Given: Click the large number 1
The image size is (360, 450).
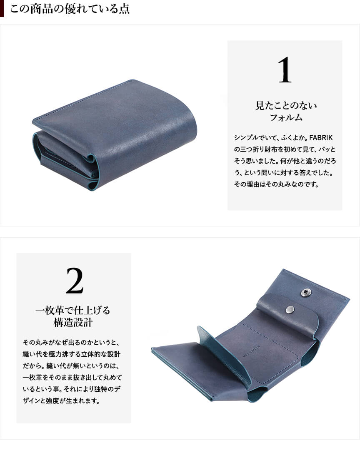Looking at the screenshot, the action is point(285,70).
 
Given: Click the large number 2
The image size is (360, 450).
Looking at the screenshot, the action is point(75,281).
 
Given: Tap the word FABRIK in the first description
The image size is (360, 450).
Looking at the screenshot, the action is point(321,138).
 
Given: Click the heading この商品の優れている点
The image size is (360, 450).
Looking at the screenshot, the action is point(70,8).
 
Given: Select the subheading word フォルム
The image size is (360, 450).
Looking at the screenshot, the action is point(285,117).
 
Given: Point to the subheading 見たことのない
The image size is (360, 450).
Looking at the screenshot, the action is point(286,105).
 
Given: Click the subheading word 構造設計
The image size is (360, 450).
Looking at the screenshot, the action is point(73,322).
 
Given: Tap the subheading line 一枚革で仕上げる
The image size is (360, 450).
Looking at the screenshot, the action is point(73,310).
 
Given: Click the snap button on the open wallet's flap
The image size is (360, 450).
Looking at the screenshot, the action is point(290,309).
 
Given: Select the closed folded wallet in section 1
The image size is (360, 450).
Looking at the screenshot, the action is point(115,134).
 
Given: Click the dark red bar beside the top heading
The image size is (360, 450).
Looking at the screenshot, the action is point(2,8).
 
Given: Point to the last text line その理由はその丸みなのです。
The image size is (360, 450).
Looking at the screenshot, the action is point(276,184).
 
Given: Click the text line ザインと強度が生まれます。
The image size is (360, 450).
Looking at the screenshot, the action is point(61,400).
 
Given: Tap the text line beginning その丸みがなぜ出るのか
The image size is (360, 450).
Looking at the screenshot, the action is point(71,342).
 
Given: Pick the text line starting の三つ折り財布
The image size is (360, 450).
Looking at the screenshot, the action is point(285,149).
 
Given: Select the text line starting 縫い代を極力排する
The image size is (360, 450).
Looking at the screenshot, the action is point(72,354).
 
